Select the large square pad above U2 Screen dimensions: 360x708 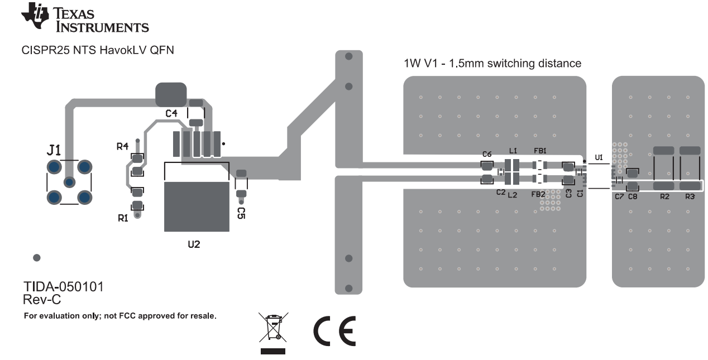coord(197,207)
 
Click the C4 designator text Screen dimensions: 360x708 coord(171,113)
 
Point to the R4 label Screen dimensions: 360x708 coord(122,146)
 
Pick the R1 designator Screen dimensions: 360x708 coord(123,218)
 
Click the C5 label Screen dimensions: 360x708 coord(241,212)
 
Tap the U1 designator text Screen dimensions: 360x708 coord(599,158)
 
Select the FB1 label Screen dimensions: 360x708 coord(540,151)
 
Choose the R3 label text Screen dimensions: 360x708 coord(690,197)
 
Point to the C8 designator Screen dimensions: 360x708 coord(633,197)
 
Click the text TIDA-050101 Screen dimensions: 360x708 coord(63,287)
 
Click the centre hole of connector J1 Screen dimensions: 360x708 coord(69,182)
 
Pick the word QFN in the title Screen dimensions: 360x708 coord(161,51)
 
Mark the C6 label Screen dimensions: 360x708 coord(487,154)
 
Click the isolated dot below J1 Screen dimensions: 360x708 coord(37,258)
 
